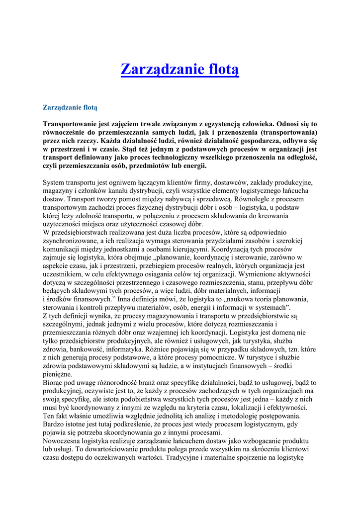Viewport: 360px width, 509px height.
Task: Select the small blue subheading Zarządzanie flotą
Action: pyautogui.click(x=70, y=107)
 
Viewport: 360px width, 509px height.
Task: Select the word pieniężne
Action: pyautogui.click(x=58, y=374)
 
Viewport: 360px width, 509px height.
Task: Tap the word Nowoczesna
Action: pyautogui.click(x=62, y=441)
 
